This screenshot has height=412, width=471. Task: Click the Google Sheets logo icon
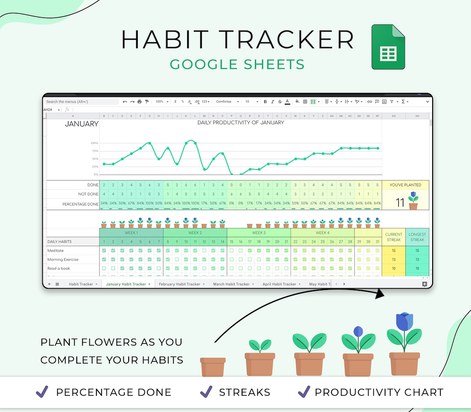[x=388, y=47]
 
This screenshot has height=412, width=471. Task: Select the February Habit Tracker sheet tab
[x=179, y=284]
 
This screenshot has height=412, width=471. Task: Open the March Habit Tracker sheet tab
[x=231, y=284]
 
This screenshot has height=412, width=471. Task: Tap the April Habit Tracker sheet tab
[x=279, y=284]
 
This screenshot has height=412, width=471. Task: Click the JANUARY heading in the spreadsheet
[x=82, y=124]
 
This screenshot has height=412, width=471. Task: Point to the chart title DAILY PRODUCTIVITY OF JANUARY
[x=241, y=123]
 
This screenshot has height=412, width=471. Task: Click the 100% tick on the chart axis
[x=94, y=143]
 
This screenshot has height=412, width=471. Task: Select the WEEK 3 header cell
[x=259, y=233]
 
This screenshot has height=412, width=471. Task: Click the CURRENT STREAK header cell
[x=393, y=237]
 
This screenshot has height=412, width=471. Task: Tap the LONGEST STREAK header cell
[x=417, y=237]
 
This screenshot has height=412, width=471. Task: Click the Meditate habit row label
[x=55, y=251]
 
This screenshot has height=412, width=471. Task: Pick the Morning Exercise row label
[x=63, y=259]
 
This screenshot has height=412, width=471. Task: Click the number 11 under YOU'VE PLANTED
[x=400, y=203]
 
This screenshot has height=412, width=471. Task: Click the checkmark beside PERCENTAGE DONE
[x=42, y=392]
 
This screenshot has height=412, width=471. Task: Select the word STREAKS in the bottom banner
[x=244, y=392]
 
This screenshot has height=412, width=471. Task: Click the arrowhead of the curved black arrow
[x=380, y=294]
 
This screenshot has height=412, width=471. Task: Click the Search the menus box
[x=81, y=102]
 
